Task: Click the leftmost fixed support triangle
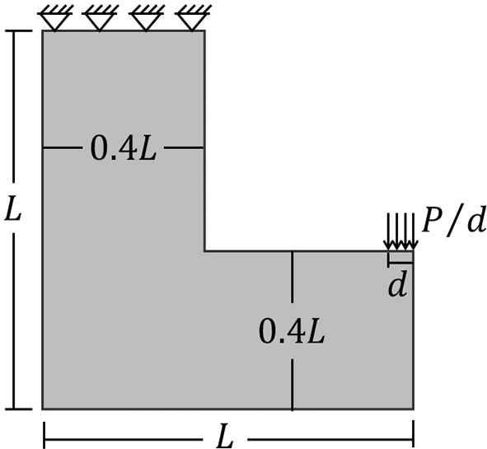pyautogui.click(x=55, y=22)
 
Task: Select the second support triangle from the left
pyautogui.click(x=100, y=22)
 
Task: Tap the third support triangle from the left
pyautogui.click(x=146, y=22)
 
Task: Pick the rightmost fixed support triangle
pyautogui.click(x=192, y=22)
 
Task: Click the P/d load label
pyautogui.click(x=453, y=223)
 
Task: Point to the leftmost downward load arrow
pyautogui.click(x=388, y=232)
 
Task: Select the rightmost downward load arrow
pyautogui.click(x=413, y=232)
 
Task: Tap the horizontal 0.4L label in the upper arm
pyautogui.click(x=124, y=148)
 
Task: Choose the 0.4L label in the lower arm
pyautogui.click(x=292, y=332)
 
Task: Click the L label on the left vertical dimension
pyautogui.click(x=12, y=208)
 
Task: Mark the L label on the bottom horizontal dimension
pyautogui.click(x=225, y=438)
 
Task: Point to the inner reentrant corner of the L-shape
pyautogui.click(x=204, y=251)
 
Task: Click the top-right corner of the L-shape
pyautogui.click(x=204, y=30)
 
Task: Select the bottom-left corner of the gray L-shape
pyautogui.click(x=43, y=409)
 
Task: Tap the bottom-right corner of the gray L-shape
pyautogui.click(x=413, y=409)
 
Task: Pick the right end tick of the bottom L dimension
pyautogui.click(x=414, y=434)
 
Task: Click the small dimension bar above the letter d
pyautogui.click(x=400, y=263)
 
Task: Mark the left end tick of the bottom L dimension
pyautogui.click(x=44, y=434)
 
